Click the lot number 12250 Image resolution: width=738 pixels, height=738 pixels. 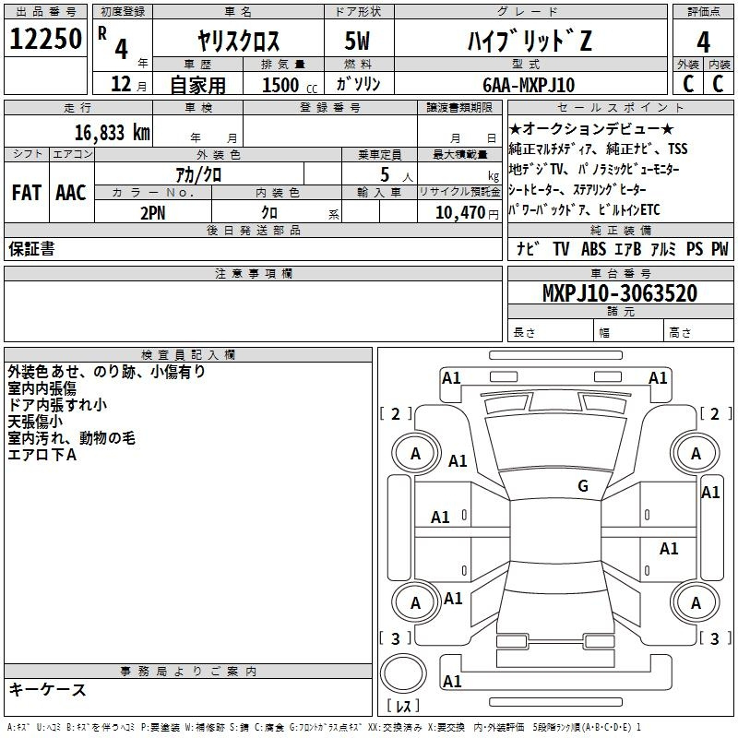(x=45, y=39)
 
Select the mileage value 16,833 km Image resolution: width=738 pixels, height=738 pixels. (x=113, y=133)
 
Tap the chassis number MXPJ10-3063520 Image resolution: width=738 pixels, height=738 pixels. (x=620, y=293)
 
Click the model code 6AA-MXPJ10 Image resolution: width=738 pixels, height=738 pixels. (x=529, y=85)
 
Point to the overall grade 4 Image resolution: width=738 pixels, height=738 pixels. (x=703, y=42)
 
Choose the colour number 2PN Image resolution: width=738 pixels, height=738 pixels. (x=153, y=213)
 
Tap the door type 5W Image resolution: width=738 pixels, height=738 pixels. (x=357, y=41)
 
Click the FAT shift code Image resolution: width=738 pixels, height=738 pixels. (x=27, y=193)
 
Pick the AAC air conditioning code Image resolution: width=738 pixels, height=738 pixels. (x=71, y=193)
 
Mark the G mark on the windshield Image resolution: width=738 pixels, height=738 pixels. (x=583, y=485)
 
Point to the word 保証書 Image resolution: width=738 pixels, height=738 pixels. (x=31, y=249)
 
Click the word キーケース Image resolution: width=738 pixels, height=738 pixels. (x=47, y=689)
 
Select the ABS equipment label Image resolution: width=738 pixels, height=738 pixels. (x=593, y=249)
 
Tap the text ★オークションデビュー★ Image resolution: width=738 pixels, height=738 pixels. (x=591, y=128)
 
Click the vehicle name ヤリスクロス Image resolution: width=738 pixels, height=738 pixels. (x=239, y=41)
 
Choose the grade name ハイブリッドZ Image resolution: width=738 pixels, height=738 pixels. (x=530, y=41)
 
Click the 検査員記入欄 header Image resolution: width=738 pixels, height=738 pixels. (x=188, y=355)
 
